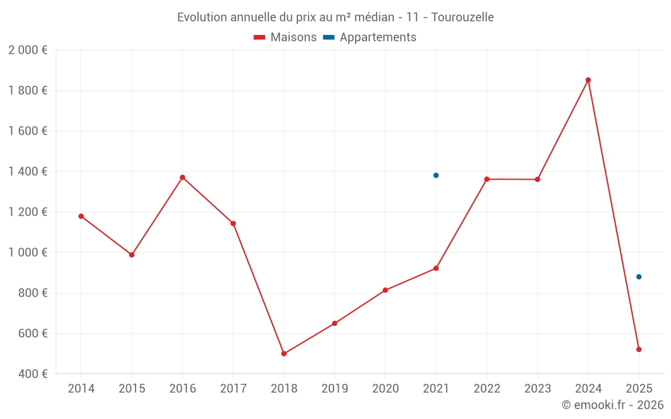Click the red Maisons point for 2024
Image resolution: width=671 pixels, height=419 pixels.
[588, 80]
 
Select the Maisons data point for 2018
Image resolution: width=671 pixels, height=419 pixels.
[284, 353]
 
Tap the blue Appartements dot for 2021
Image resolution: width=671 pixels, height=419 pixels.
[436, 175]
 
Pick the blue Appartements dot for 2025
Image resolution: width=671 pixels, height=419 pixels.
[639, 277]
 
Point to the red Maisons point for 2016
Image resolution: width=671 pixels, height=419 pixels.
[183, 178]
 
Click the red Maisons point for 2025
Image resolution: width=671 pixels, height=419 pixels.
[639, 349]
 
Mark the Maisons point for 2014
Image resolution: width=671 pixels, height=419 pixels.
[81, 216]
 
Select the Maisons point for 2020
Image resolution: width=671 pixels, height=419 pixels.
[385, 290]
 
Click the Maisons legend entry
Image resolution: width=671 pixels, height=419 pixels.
[285, 38]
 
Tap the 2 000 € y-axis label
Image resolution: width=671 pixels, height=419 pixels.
[28, 50]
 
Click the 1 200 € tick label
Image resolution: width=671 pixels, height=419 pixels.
[28, 212]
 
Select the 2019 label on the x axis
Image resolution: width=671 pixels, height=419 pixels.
[334, 389]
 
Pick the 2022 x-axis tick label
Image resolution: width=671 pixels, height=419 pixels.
[486, 389]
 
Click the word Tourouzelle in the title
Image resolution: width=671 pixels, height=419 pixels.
[462, 17]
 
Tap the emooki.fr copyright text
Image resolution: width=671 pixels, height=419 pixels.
[613, 405]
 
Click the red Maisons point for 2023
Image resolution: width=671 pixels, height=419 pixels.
[537, 179]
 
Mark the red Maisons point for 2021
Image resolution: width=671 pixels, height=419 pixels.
[436, 268]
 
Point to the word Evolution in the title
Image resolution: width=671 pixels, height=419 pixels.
[200, 17]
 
